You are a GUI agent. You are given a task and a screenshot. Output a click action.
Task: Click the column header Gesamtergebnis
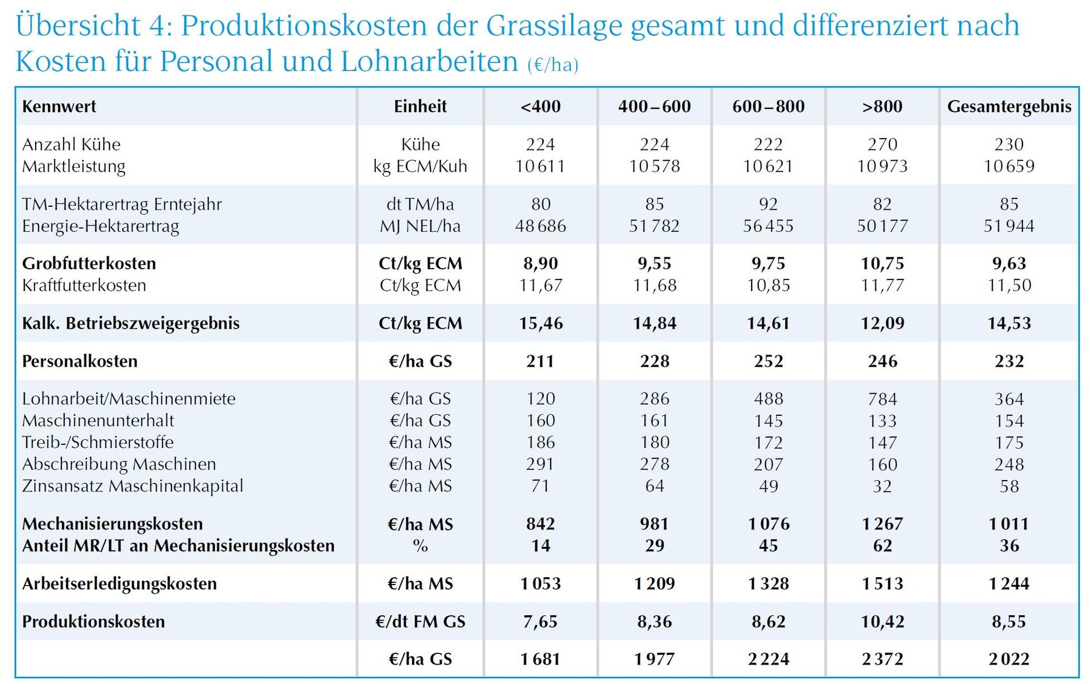click(x=1009, y=106)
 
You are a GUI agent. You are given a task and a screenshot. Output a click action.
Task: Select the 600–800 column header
click(x=768, y=106)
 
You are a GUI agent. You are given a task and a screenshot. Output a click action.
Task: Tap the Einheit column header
click(x=420, y=106)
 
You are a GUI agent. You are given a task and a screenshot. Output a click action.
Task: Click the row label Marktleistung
click(x=74, y=166)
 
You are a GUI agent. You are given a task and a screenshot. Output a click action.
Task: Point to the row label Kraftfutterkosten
click(x=84, y=285)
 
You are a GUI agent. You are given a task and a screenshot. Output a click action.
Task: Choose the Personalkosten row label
click(x=79, y=361)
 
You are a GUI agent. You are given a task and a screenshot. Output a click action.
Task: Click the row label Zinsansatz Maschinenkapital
click(x=132, y=486)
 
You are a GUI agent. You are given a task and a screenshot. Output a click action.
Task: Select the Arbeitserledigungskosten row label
click(x=119, y=583)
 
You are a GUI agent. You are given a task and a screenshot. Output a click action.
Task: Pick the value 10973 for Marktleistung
click(x=882, y=166)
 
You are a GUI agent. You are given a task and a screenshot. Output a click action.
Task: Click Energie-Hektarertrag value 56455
click(x=768, y=226)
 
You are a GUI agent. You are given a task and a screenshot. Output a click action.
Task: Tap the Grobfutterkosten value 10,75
click(x=882, y=264)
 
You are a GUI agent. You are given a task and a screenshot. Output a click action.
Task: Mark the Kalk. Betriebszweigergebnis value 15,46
click(x=540, y=323)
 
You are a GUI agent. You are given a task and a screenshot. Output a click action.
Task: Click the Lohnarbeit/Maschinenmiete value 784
click(x=882, y=399)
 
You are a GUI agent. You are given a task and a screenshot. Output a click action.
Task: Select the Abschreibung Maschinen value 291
click(x=540, y=464)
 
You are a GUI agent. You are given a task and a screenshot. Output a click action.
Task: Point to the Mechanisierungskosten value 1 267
click(x=882, y=524)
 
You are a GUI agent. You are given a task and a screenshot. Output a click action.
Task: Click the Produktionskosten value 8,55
click(x=1009, y=622)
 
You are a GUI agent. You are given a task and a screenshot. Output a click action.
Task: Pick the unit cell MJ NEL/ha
click(x=420, y=226)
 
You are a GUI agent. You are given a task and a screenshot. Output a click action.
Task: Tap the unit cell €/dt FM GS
click(x=420, y=622)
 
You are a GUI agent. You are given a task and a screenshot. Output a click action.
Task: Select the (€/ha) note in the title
click(x=553, y=65)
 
